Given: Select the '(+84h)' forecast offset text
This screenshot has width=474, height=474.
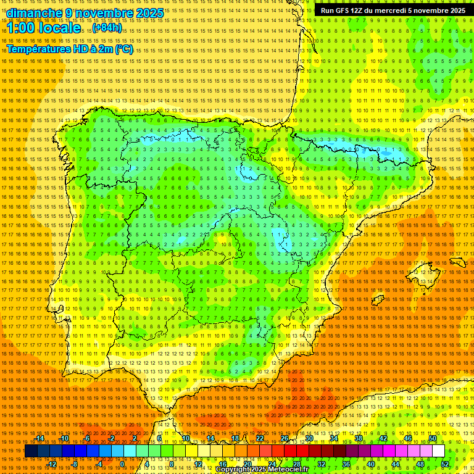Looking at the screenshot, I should click(107, 28).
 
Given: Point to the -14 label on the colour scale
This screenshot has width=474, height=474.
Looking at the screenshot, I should click(39, 438).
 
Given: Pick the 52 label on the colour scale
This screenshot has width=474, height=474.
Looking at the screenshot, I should click(445, 464).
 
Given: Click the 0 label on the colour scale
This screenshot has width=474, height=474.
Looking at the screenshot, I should click(122, 464).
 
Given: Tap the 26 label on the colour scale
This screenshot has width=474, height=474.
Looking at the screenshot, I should click(285, 438).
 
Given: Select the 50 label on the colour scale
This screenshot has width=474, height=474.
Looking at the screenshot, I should click(433, 438).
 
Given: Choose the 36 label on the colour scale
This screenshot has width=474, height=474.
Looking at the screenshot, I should click(346, 464).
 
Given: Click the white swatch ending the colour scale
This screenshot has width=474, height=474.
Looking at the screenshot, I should click(438, 451).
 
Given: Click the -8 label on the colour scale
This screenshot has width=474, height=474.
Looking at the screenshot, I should click(76, 464).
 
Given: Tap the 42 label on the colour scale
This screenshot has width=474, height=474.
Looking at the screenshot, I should click(383, 438).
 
